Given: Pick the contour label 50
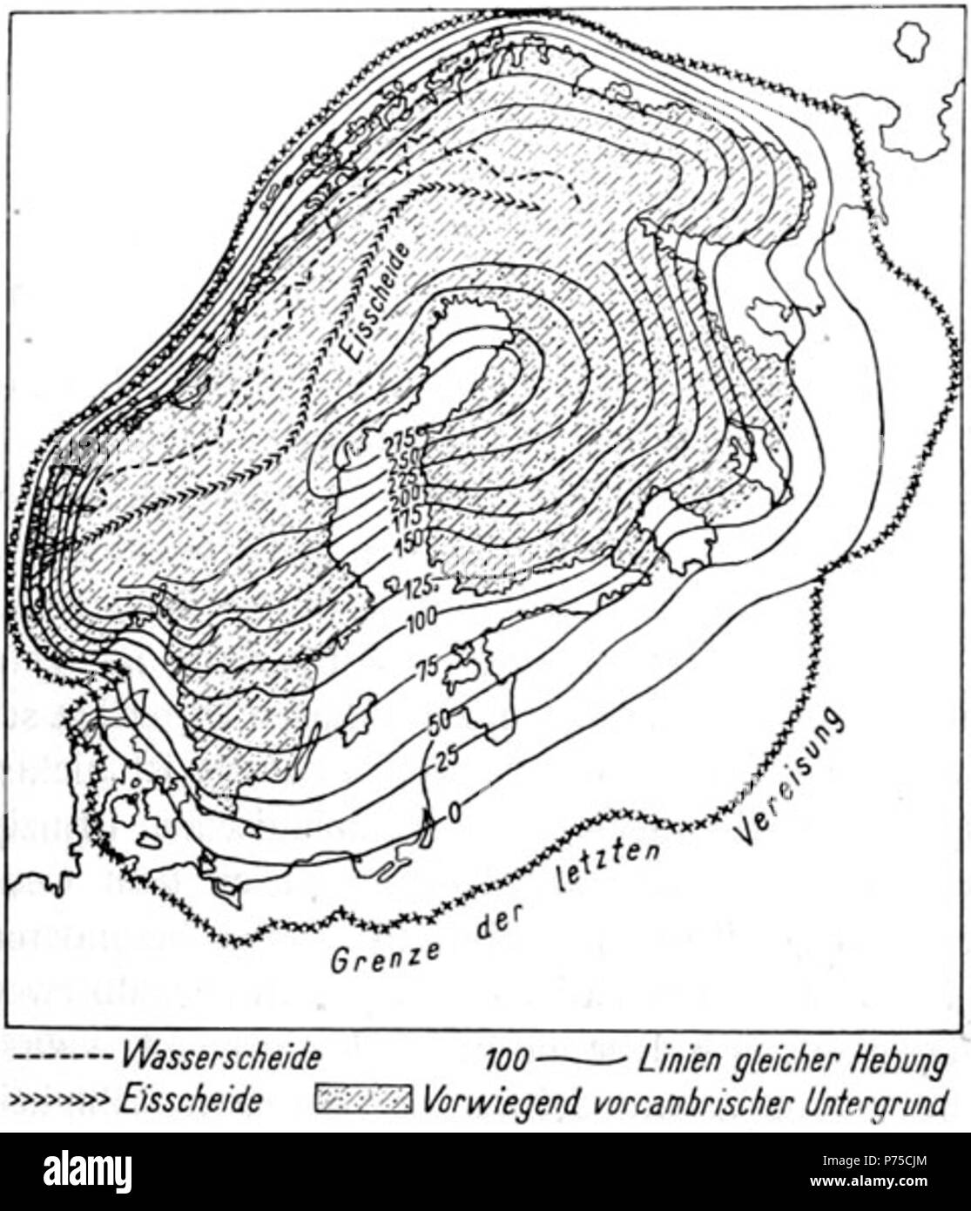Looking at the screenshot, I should [439, 721].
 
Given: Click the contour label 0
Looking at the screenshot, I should [452, 814].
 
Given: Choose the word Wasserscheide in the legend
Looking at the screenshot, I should [221, 1059].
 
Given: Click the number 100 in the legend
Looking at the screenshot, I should [506, 1060].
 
